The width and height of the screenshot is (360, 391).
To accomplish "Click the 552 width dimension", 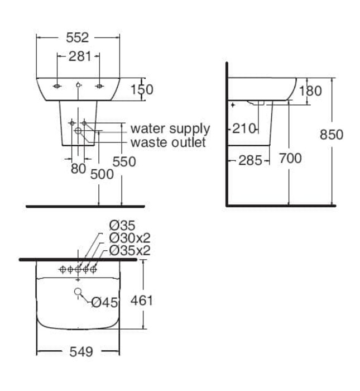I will click(x=78, y=37).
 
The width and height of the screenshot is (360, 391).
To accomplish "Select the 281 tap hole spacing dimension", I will click(x=79, y=56).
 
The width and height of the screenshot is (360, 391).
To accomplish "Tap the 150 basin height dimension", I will click(x=141, y=89).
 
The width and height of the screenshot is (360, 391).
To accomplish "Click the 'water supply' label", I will click(x=170, y=129).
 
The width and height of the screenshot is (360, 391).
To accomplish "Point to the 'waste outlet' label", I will click(x=168, y=142).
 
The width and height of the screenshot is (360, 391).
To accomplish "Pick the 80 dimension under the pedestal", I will click(x=78, y=168).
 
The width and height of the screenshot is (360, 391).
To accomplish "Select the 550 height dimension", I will click(x=124, y=161).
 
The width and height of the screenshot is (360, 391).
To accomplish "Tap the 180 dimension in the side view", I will click(x=310, y=90).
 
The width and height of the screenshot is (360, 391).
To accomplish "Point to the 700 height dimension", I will click(x=290, y=159).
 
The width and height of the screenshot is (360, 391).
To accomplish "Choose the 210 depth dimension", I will click(x=244, y=129).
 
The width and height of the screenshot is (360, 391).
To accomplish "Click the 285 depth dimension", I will click(x=250, y=160).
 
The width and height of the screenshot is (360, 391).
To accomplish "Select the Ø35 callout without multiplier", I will click(x=122, y=226).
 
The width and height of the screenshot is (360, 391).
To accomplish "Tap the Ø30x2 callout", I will click(x=129, y=238).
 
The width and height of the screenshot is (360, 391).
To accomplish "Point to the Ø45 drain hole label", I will click(x=104, y=302).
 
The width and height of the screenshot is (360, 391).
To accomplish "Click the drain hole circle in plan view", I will click(x=78, y=291).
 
